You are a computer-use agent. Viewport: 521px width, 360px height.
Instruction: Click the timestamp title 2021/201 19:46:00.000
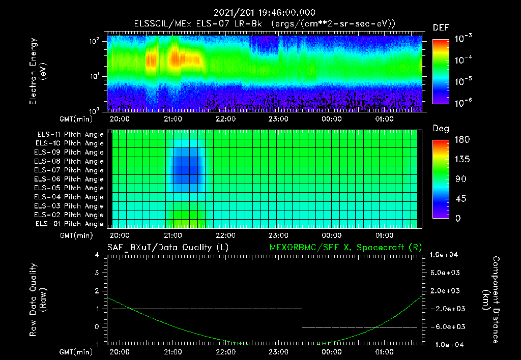coord(264,13)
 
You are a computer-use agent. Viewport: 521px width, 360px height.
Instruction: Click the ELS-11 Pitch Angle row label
coord(70,134)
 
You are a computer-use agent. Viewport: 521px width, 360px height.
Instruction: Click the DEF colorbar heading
coord(440,27)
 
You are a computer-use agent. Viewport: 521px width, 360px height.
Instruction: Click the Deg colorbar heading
coord(440,129)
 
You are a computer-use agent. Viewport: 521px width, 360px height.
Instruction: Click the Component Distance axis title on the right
coord(491,300)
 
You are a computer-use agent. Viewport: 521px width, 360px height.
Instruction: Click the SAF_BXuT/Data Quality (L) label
coord(167,247)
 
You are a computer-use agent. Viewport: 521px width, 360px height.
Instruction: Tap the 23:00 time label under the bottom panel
coord(278,352)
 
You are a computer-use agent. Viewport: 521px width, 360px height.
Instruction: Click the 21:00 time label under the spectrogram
coord(173,119)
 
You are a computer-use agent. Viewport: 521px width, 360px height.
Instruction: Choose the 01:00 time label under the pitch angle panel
coord(384,235)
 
